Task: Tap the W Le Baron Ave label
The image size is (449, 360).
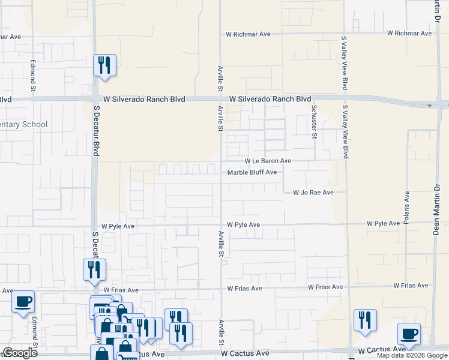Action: point(267,161)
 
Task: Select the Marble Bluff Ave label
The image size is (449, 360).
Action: point(252,173)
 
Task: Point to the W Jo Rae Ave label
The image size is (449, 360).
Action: point(313,193)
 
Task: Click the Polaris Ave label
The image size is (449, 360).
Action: point(407,205)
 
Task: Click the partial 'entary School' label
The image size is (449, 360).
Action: point(23,125)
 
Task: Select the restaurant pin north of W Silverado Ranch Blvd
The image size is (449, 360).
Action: point(105,65)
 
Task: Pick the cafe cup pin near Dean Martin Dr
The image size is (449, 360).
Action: point(409,334)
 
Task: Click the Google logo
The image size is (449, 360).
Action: point(20,353)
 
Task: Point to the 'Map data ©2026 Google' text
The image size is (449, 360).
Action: point(411,355)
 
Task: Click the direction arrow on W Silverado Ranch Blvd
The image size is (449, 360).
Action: point(429,106)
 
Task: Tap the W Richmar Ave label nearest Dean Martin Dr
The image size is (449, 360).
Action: point(409,34)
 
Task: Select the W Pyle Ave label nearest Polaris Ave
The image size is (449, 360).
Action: point(384,224)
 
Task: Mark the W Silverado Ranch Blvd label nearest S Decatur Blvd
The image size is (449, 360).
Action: point(144,99)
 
